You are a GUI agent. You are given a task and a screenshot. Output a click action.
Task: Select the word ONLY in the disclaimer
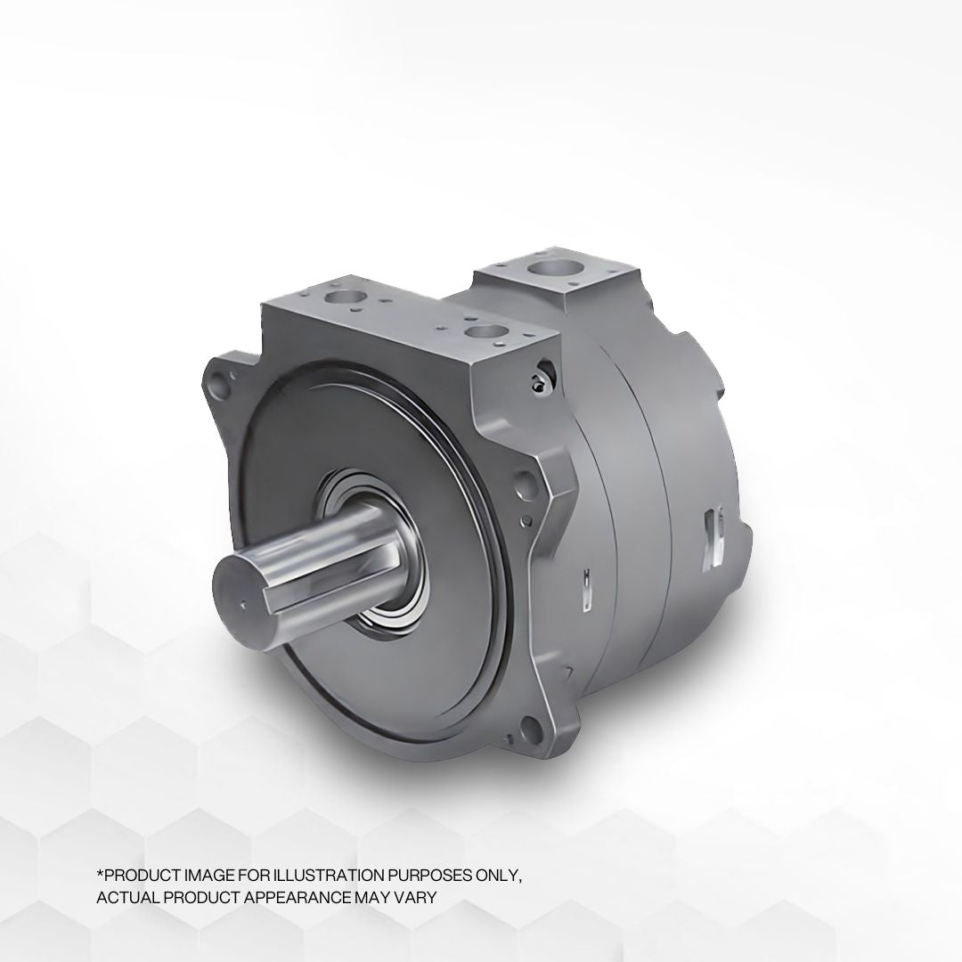click(501, 876)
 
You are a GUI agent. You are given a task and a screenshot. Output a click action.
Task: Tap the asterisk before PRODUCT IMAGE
click(100, 874)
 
